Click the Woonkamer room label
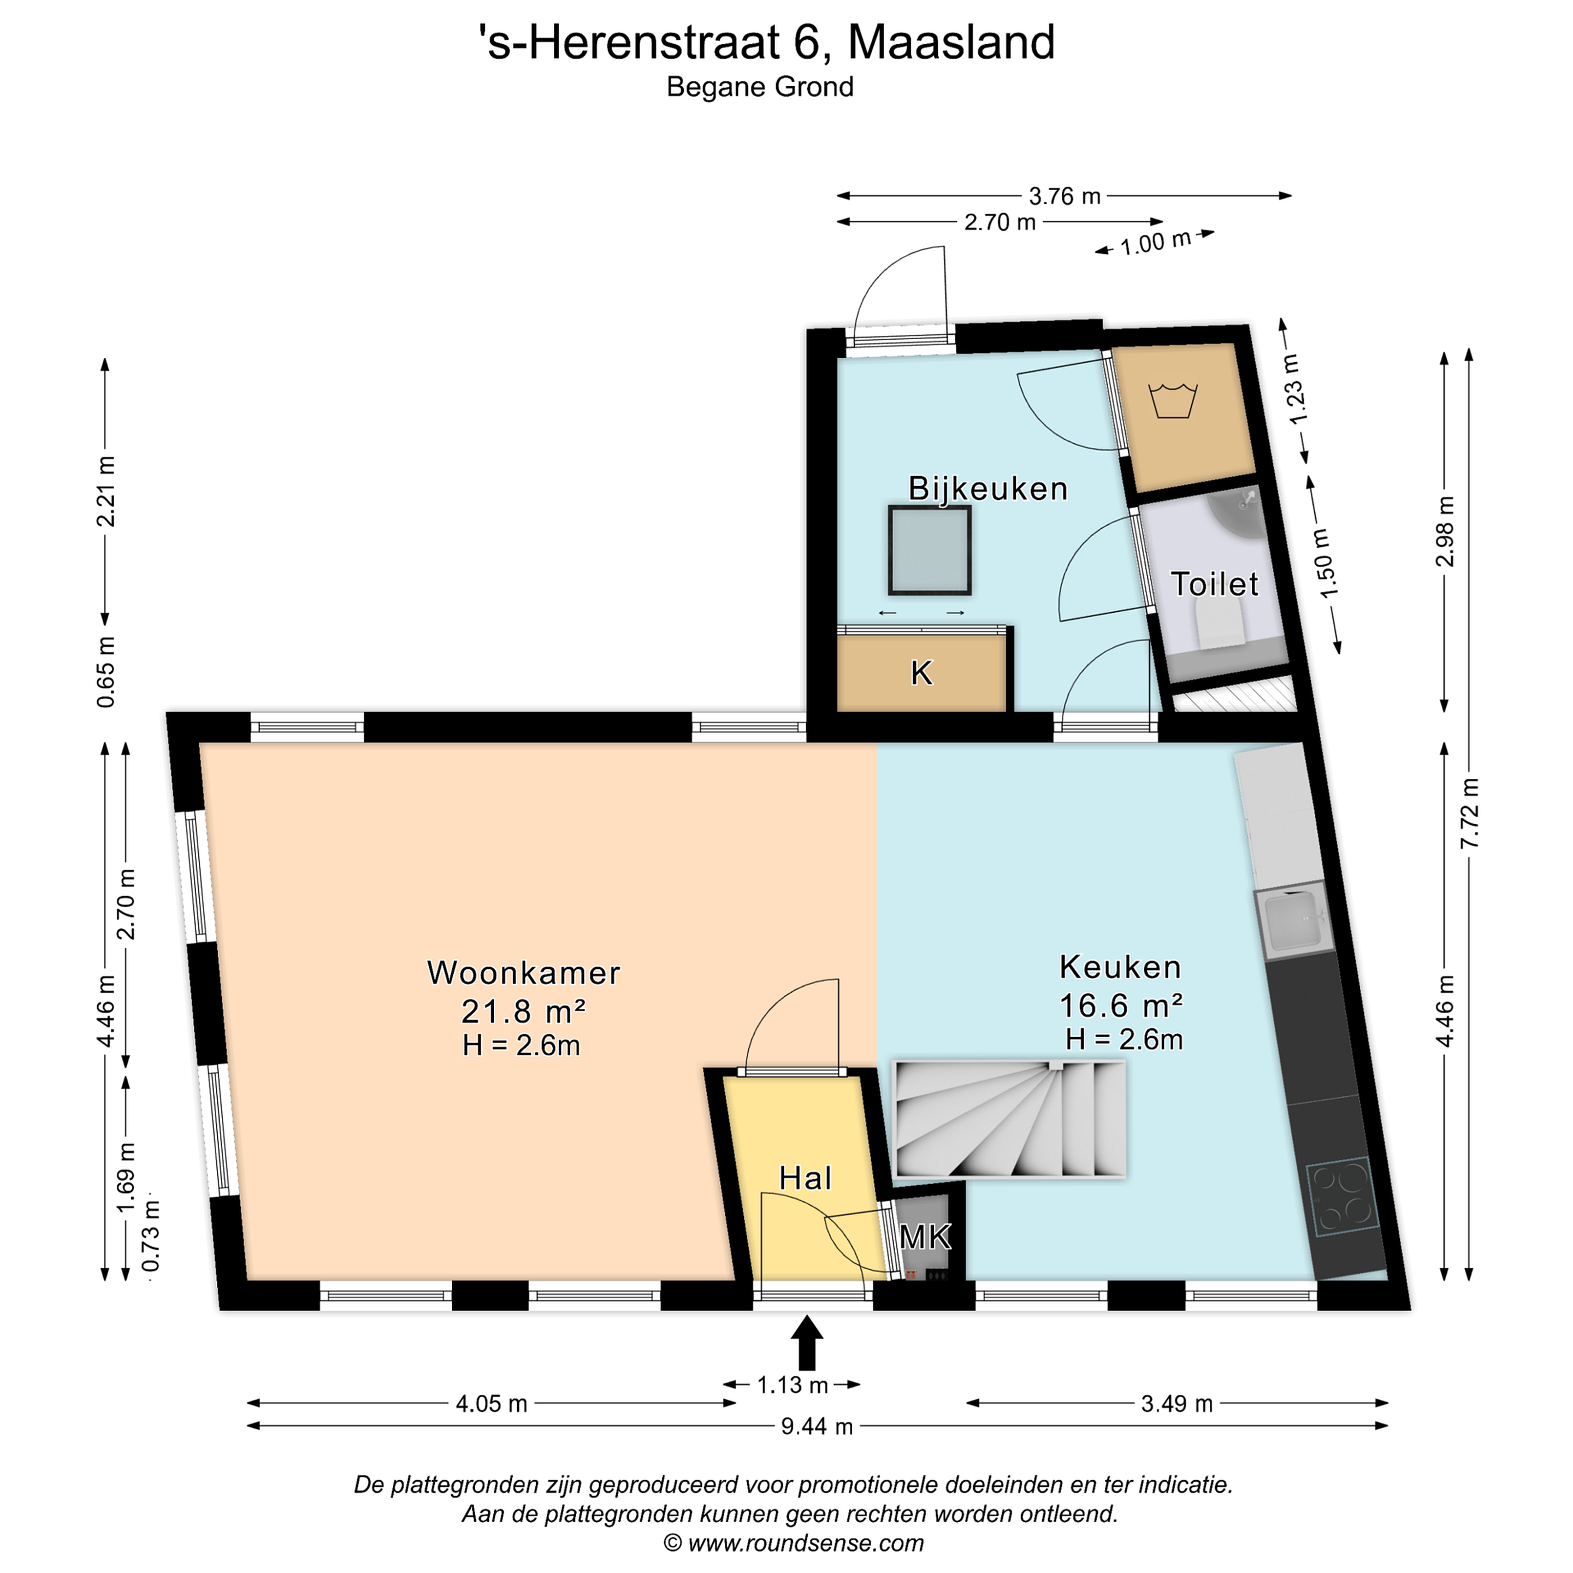point(524,973)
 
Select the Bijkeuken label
point(987,488)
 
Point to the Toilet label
point(1214,584)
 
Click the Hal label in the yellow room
point(805,1178)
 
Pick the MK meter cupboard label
point(925,1238)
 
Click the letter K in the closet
point(921,673)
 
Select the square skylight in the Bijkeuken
point(930,551)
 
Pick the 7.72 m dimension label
point(1470,813)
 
